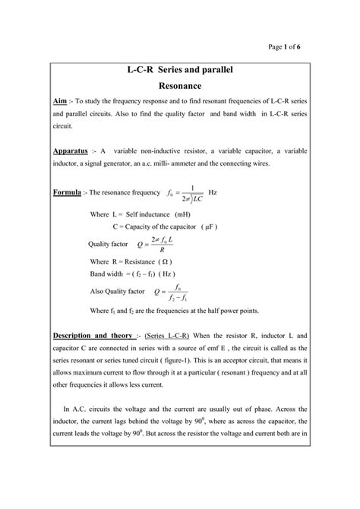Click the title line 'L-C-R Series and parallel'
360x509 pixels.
[179, 71]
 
